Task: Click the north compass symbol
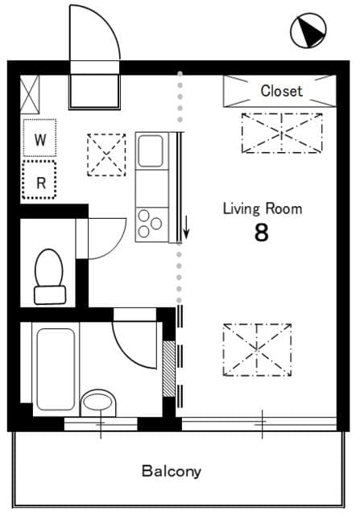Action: tap(308, 31)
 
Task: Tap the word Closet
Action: tap(281, 91)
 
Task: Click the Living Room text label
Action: tap(262, 209)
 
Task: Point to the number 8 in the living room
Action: tap(261, 233)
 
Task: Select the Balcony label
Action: tap(171, 471)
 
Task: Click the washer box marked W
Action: tap(39, 138)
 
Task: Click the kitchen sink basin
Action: tap(151, 150)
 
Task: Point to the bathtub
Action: tap(55, 366)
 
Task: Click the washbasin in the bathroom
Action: tap(99, 401)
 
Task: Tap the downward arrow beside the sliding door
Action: tap(187, 226)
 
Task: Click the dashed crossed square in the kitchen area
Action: tap(106, 154)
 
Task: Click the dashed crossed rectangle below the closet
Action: tap(281, 133)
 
